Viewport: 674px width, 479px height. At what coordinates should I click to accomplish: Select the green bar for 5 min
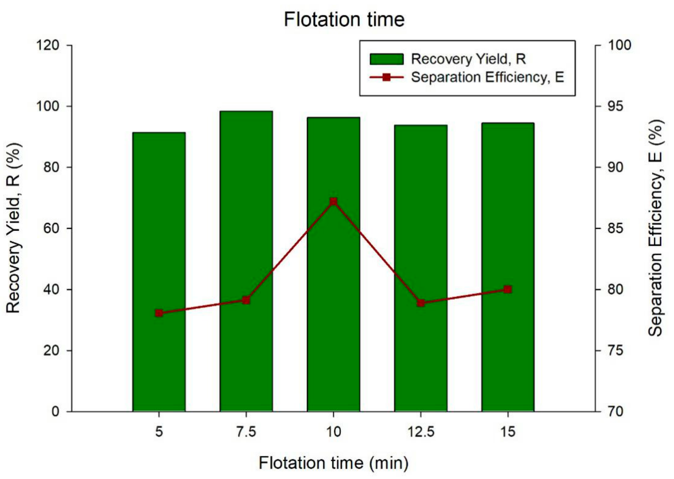tap(159, 271)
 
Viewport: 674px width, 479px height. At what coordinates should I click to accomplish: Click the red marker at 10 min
tap(333, 202)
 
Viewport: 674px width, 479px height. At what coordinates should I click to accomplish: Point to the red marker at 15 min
tap(508, 289)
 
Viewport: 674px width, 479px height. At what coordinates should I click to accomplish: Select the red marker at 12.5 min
tap(421, 303)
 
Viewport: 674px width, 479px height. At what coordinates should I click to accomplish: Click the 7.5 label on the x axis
tap(246, 432)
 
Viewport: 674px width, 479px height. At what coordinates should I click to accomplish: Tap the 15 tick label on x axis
tap(508, 432)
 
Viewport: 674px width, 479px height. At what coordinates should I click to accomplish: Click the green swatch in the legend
tap(386, 59)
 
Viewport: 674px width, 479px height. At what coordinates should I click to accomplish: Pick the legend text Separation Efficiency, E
tap(488, 77)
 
